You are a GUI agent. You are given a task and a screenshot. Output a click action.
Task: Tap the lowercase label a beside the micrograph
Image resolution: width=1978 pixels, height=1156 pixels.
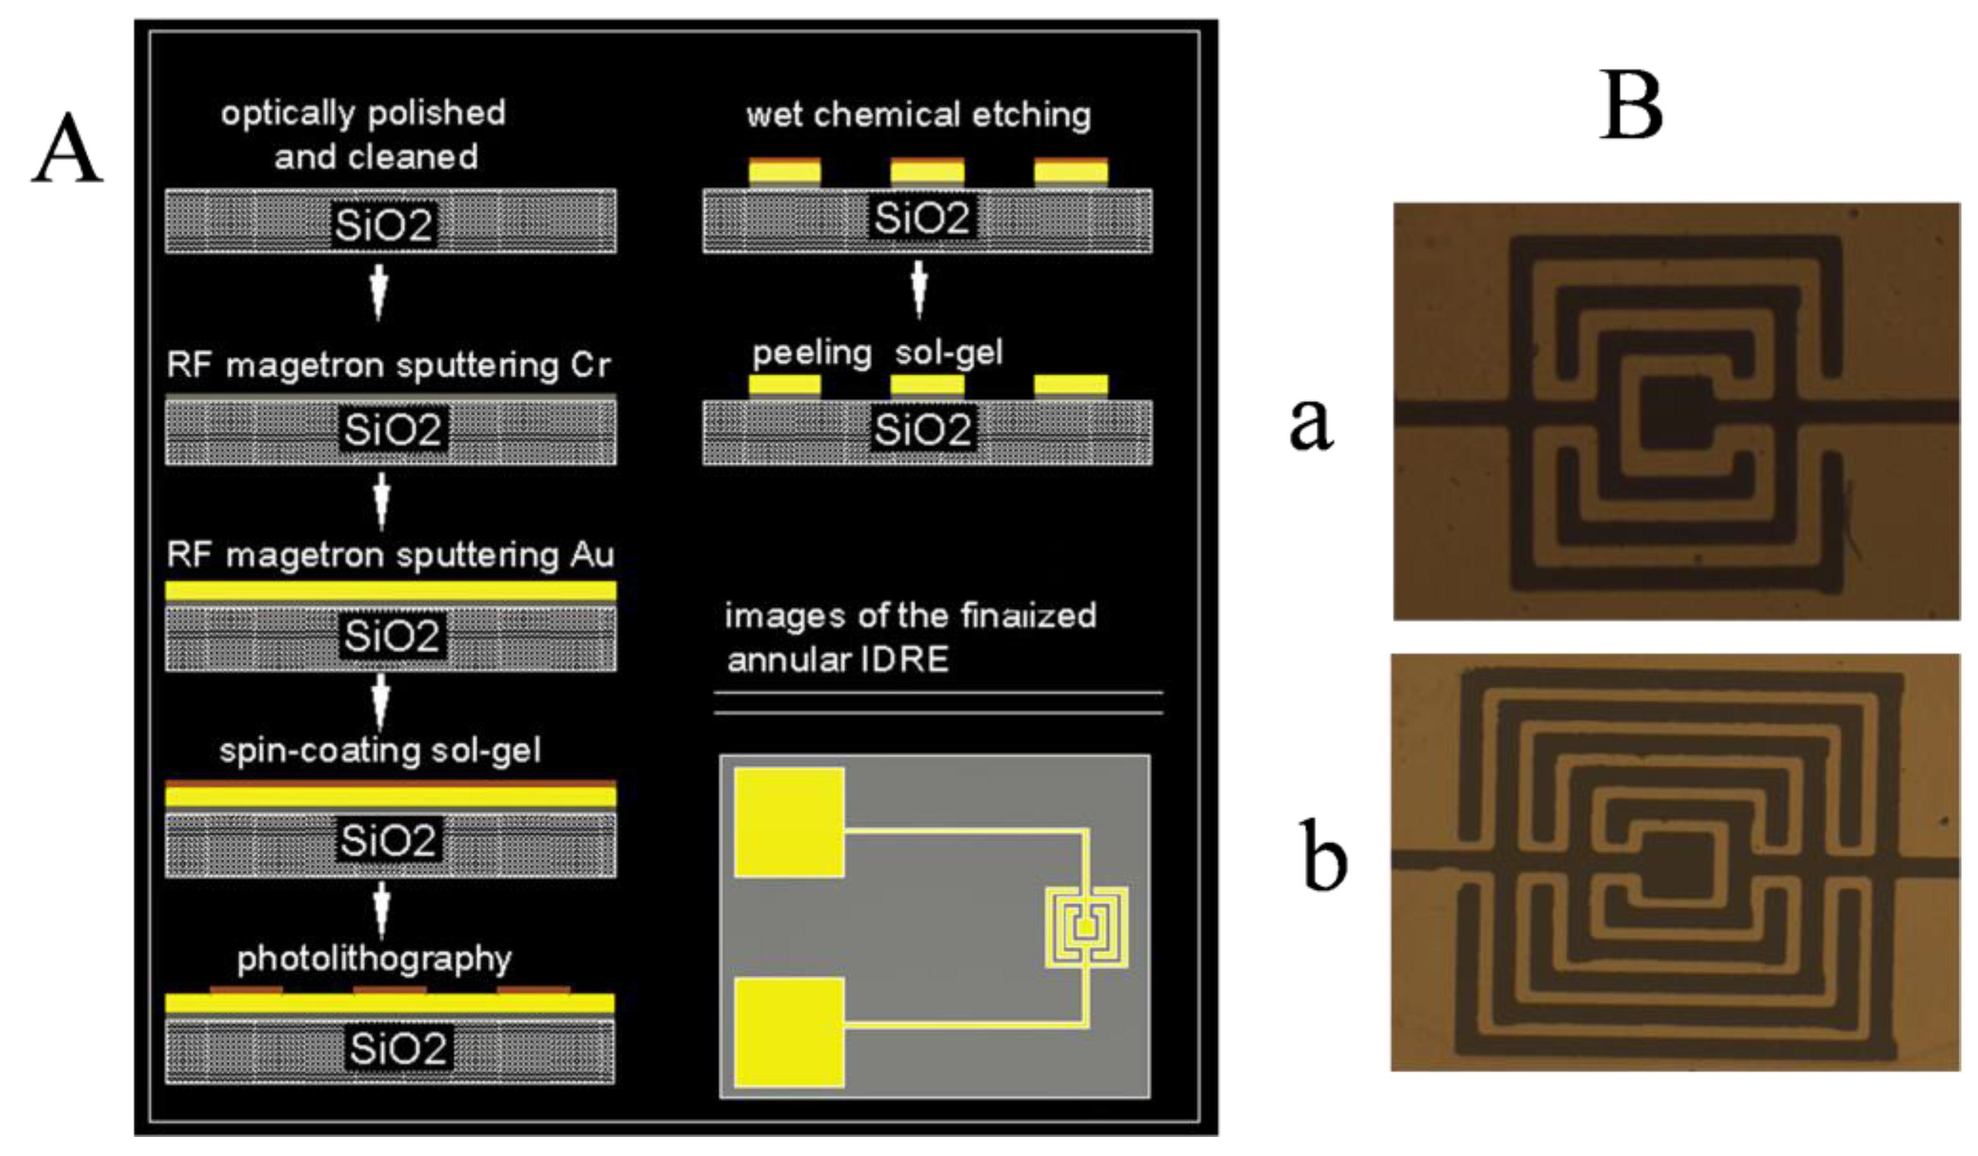click(x=1310, y=424)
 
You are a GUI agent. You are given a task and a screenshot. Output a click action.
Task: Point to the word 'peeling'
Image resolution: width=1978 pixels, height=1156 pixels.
click(x=812, y=353)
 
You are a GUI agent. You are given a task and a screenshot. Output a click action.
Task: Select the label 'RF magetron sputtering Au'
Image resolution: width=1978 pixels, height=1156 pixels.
click(x=390, y=555)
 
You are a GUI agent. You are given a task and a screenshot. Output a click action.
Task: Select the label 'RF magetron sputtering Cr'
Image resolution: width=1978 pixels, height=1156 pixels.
click(x=389, y=366)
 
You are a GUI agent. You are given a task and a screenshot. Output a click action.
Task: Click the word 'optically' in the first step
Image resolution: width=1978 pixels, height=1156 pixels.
click(x=287, y=114)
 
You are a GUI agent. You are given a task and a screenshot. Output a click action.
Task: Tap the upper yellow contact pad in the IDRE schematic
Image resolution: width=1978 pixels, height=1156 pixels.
click(x=789, y=822)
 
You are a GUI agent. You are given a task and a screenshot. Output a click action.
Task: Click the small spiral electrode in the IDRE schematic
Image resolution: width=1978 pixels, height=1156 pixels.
click(x=1086, y=927)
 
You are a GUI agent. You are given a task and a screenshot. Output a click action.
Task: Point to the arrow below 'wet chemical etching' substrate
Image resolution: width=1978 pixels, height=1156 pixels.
click(x=919, y=289)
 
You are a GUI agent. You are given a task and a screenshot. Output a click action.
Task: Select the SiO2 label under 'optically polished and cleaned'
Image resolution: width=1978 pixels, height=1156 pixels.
click(x=384, y=226)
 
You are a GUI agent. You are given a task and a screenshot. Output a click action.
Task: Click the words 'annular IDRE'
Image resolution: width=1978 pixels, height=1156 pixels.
click(x=838, y=660)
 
